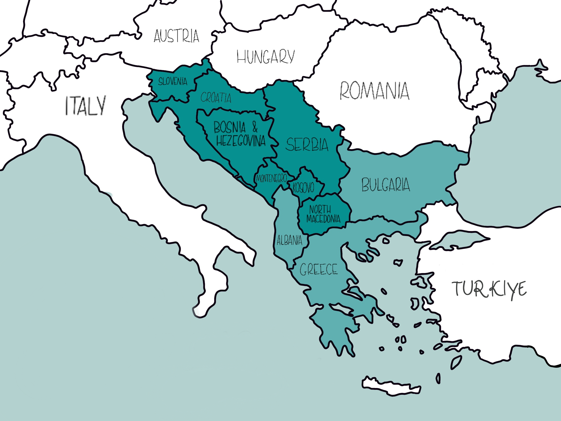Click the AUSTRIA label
coord(176,36)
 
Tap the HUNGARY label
coord(265,57)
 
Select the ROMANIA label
coord(374,91)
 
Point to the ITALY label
coord(85,106)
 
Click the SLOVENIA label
coord(173,82)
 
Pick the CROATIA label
coord(216,98)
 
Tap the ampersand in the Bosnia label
coord(255,127)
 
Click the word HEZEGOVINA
coord(241,141)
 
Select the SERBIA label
coord(307,145)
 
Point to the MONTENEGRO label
coord(271,179)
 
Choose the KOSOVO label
coord(303,188)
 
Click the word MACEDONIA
coord(323,219)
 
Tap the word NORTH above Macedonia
coord(320,209)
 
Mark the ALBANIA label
coord(289,240)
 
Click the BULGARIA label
coord(386,185)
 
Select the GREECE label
coord(319,269)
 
